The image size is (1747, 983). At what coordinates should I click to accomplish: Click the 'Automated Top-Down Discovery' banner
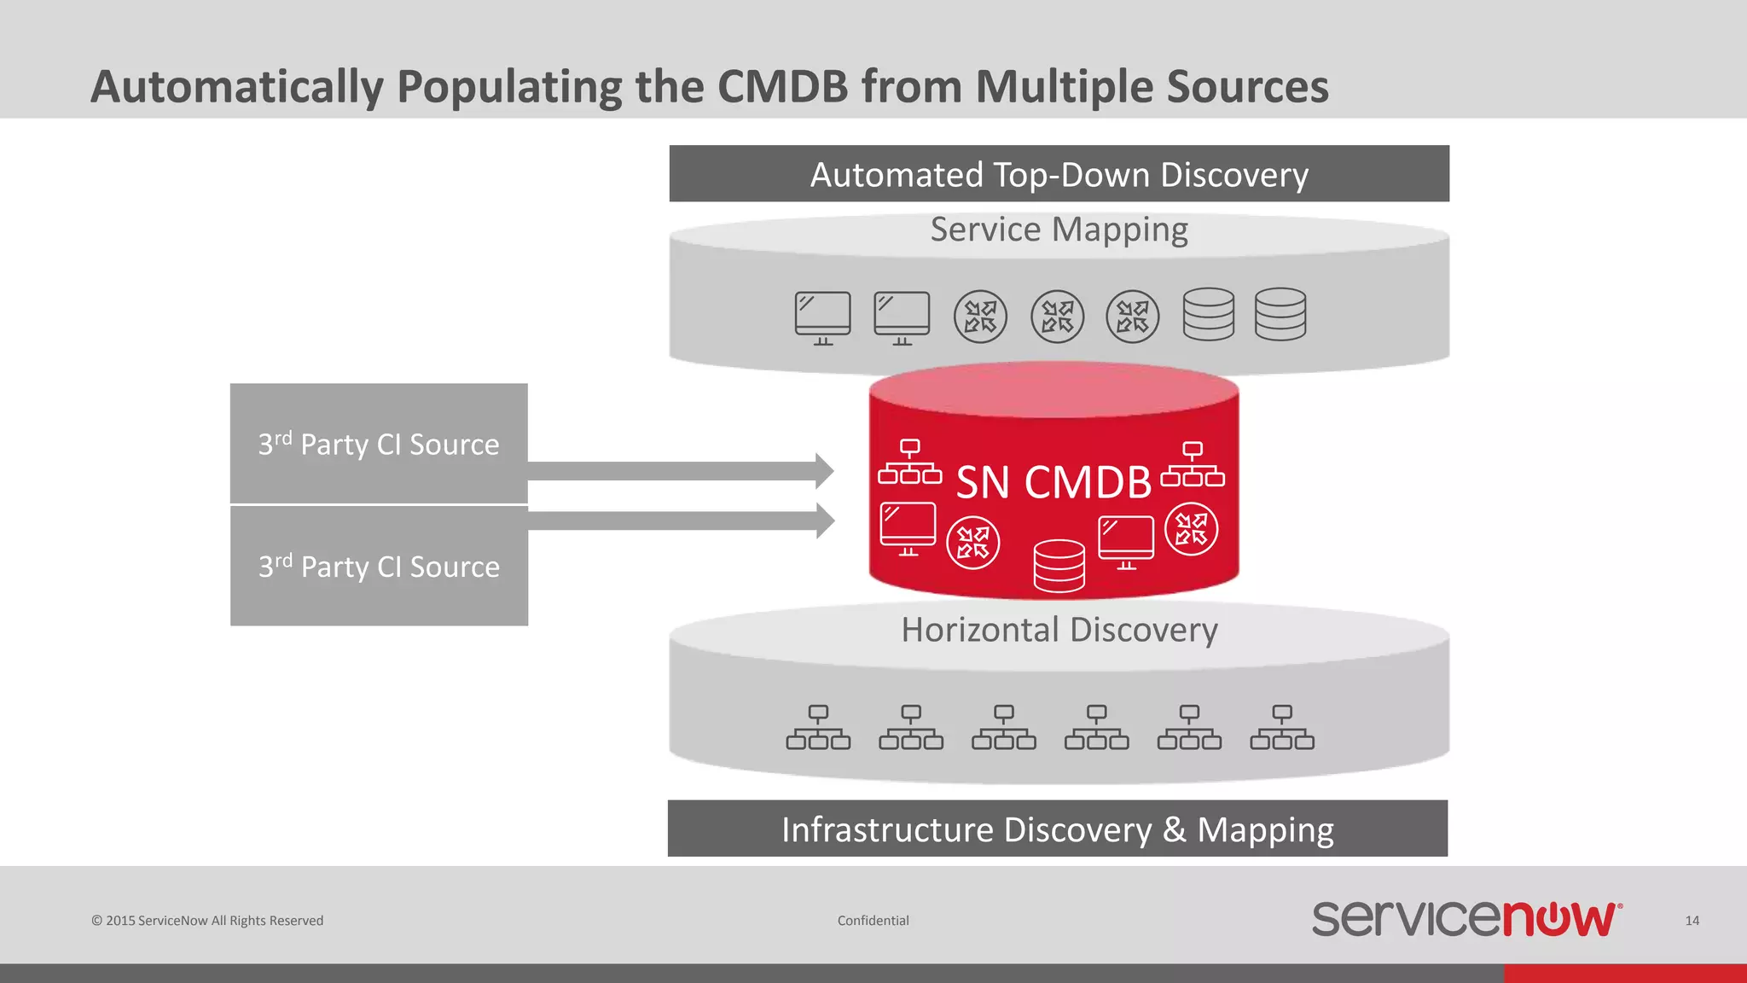point(1059,174)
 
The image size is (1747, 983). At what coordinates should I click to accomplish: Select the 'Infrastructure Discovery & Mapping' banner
point(1058,829)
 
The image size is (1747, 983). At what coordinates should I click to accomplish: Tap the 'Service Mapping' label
point(1059,230)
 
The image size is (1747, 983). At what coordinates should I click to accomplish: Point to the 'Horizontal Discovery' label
point(1059,630)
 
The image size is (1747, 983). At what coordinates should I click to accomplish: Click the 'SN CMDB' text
point(1053,482)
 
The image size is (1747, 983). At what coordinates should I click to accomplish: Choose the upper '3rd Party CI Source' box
point(379,443)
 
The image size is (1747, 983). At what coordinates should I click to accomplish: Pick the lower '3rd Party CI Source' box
point(379,566)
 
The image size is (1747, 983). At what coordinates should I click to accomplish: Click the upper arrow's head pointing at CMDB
point(823,471)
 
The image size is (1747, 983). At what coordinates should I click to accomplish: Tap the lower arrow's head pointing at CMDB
point(823,521)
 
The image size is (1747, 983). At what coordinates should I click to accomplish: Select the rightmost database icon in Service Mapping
point(1280,314)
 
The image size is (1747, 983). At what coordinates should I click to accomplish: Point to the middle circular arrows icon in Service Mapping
point(1057,317)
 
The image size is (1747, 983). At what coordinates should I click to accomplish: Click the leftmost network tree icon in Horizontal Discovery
point(818,727)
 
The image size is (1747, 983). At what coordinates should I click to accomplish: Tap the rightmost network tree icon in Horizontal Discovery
point(1281,727)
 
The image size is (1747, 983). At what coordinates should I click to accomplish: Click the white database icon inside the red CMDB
point(1059,565)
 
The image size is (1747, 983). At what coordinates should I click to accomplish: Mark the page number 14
point(1692,921)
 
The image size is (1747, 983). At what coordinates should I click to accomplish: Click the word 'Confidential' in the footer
point(873,921)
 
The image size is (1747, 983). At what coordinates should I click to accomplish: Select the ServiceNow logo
point(1466,918)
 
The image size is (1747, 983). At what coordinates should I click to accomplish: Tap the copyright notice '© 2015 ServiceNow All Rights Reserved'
point(207,921)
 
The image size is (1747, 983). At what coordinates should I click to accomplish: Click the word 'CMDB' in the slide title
point(782,87)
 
